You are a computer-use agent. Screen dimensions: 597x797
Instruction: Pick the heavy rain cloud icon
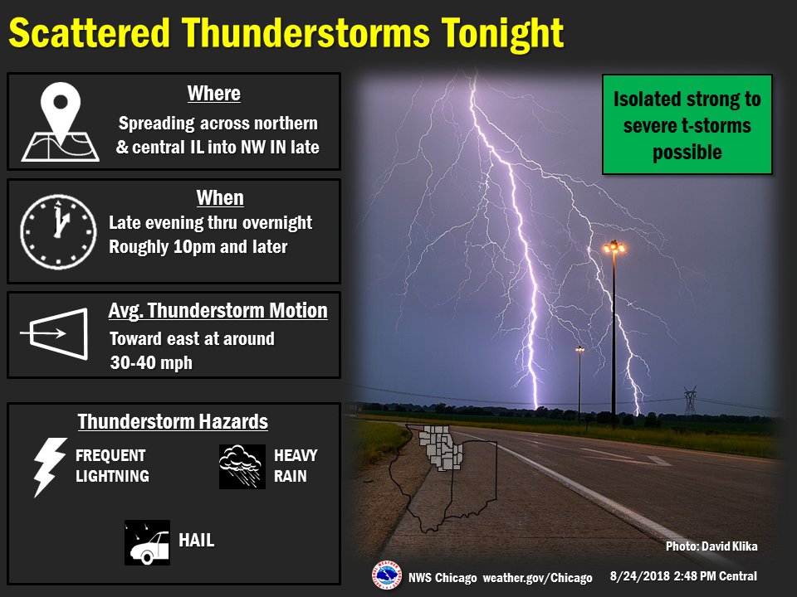242,466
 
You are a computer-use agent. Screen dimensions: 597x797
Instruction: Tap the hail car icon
147,542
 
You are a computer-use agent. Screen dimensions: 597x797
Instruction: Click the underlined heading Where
213,94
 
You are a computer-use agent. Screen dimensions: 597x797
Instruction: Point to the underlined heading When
219,198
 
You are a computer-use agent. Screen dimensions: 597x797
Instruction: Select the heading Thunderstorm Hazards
173,421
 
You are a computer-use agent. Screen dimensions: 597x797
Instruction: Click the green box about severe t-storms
687,124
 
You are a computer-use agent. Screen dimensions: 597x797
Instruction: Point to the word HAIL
197,541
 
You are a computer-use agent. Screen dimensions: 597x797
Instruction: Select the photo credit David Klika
711,546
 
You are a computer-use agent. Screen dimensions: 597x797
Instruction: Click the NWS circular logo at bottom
385,575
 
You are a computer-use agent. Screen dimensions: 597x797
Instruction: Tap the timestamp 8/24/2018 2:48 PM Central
682,575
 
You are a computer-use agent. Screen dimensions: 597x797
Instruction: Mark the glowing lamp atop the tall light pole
614,246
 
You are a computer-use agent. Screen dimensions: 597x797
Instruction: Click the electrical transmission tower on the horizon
690,401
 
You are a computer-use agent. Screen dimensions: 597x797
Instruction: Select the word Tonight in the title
501,34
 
